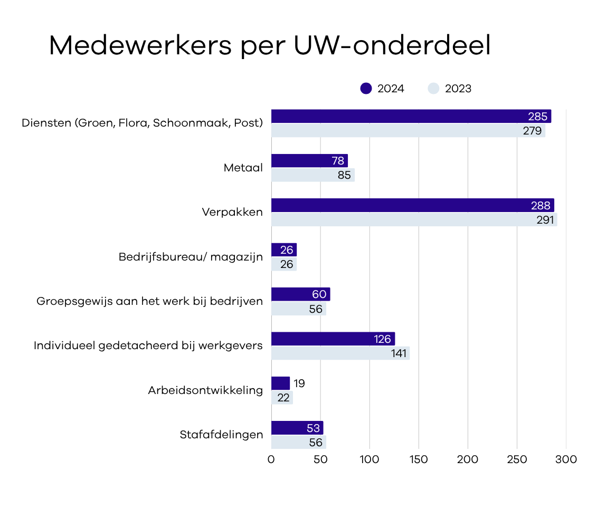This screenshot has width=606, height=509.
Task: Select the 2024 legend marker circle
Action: coord(366,89)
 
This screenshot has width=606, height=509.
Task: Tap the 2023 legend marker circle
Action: coord(433,89)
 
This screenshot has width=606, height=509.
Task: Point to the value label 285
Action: coord(538,117)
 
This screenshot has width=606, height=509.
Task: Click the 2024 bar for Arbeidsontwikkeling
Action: coord(280,383)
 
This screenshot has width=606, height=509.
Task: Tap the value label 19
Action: coord(299,383)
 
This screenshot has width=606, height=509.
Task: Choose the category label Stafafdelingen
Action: coord(221,435)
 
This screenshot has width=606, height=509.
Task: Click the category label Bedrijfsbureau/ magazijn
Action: coord(191,257)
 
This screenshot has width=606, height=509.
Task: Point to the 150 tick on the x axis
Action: coord(419,460)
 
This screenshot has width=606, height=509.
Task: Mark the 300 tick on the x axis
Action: coord(566,460)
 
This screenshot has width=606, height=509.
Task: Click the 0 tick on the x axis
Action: coord(271,460)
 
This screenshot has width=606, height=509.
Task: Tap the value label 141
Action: coord(399,353)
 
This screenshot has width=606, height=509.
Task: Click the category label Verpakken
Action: coord(232,213)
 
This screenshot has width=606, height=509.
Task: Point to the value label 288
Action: coord(542,206)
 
